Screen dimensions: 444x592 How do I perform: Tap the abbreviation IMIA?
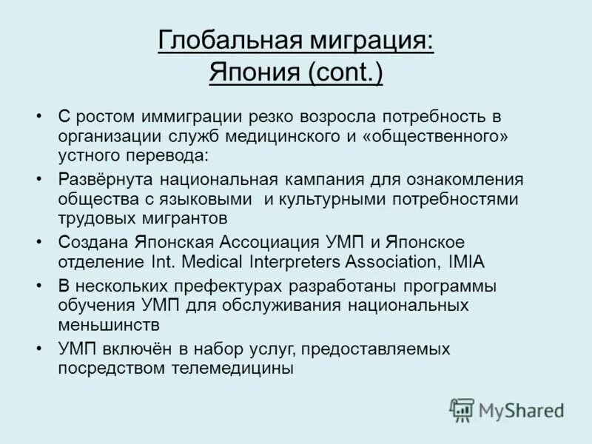click(x=468, y=261)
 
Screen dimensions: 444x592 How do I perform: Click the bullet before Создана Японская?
click(x=38, y=242)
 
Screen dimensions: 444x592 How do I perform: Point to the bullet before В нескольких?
click(x=38, y=285)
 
